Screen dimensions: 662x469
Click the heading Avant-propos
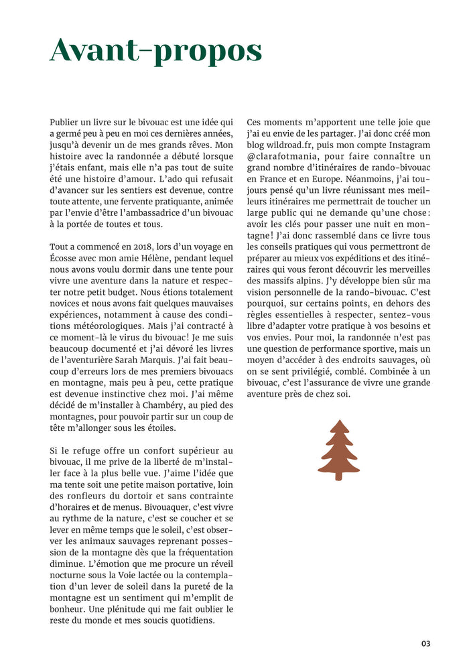coord(155,51)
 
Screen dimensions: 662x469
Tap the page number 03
coord(425,643)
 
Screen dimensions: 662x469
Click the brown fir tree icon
coord(338,450)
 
